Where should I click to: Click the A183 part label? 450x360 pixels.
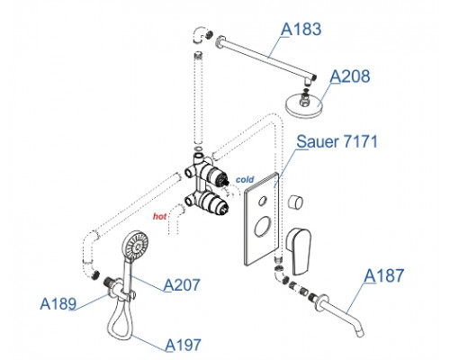point(301,29)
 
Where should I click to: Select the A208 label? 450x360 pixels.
point(350,76)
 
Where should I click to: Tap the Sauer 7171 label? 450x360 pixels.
point(337,141)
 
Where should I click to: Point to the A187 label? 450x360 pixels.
point(384,275)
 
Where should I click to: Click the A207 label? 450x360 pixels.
point(182,284)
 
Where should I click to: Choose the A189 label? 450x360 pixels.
point(58,303)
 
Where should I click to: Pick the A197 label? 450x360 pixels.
point(183,345)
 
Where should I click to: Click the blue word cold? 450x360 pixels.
point(245,179)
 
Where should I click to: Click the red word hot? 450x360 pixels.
point(159,216)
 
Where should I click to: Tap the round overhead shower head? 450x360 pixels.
point(304,105)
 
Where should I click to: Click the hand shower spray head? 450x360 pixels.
point(135,244)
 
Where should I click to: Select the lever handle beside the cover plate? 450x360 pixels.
point(298,251)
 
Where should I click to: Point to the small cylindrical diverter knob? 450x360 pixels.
point(295,202)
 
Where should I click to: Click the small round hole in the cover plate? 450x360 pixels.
point(263,201)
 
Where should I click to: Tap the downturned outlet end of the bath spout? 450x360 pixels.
point(361,332)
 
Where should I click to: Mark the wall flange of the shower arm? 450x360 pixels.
point(220,41)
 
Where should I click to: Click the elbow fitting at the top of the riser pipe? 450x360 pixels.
point(200,34)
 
